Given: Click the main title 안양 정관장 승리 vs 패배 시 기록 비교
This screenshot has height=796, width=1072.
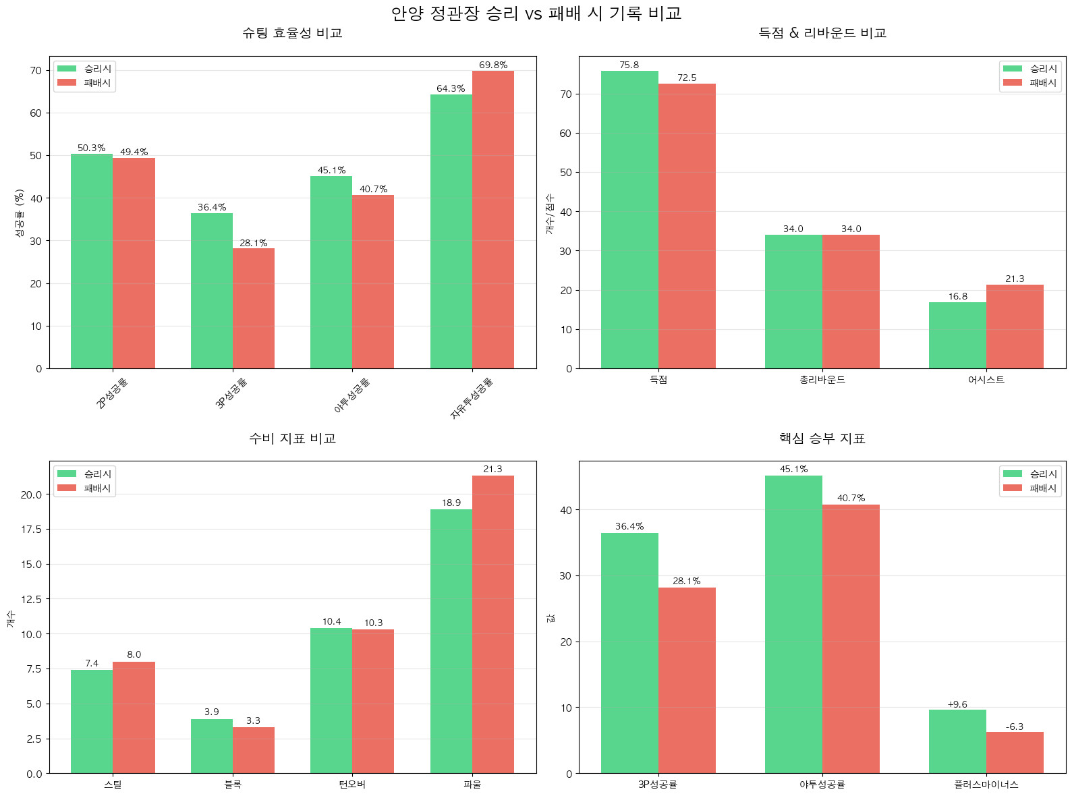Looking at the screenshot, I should click(536, 13).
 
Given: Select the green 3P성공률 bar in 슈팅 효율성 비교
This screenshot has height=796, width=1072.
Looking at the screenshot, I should click(212, 291).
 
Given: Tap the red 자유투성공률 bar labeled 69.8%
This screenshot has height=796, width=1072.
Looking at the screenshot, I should click(492, 219).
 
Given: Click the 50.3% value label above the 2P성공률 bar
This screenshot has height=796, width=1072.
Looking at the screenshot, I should click(91, 148).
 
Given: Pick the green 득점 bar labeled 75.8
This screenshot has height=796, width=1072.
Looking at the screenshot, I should click(629, 219).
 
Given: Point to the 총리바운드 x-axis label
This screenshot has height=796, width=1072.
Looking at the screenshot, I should click(822, 380).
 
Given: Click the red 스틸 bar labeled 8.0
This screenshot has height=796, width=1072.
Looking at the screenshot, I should click(134, 717).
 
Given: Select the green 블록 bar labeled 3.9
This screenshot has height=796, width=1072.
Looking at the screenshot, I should click(212, 746).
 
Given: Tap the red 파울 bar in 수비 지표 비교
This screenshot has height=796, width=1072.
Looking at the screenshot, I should click(492, 624).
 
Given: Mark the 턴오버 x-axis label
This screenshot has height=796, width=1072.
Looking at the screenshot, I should click(352, 785).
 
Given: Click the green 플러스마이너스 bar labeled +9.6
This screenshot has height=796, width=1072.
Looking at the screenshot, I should click(957, 741).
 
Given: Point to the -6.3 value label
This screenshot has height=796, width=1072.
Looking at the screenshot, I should click(1014, 727).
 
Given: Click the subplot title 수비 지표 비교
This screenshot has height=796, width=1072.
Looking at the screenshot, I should click(292, 438).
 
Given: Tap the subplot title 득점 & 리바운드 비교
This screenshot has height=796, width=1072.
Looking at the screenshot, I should click(822, 33).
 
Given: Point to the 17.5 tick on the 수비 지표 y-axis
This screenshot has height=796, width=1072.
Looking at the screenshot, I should click(31, 530).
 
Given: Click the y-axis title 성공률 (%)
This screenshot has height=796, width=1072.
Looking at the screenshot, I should click(20, 212).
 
